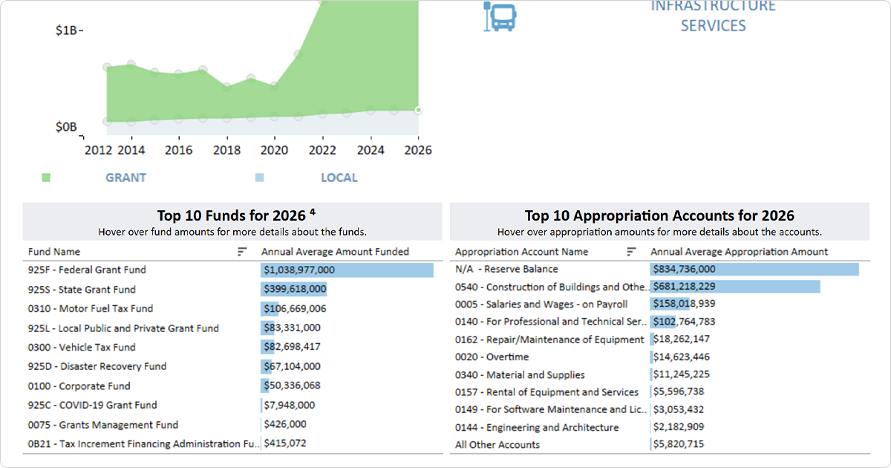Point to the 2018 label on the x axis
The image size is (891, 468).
click(226, 150)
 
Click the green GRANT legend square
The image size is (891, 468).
click(46, 178)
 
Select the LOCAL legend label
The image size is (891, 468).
click(339, 178)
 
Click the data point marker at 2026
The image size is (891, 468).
click(418, 110)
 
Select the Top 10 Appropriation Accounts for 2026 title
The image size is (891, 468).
click(659, 215)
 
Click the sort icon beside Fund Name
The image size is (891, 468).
click(242, 252)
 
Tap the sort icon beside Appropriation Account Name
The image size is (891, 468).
click(631, 252)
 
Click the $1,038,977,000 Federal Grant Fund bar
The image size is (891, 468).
click(347, 270)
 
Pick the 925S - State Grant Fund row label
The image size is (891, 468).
click(82, 290)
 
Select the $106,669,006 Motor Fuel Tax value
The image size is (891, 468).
click(295, 309)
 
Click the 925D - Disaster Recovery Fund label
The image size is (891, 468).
click(97, 366)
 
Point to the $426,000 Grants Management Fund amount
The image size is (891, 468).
click(286, 425)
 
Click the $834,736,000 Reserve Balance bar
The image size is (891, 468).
click(754, 270)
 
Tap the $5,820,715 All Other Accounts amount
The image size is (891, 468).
click(679, 445)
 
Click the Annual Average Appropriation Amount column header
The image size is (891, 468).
click(739, 252)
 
